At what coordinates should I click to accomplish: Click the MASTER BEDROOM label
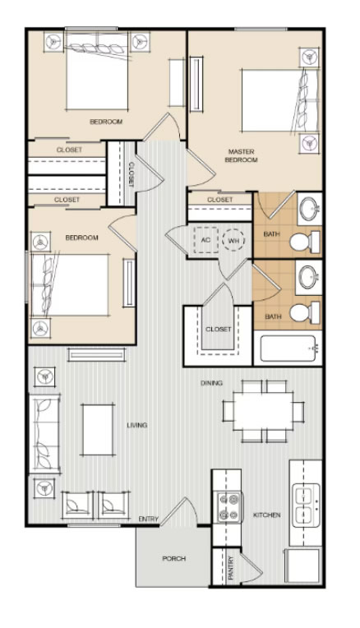(x=241, y=156)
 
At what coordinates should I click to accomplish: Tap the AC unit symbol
(x=205, y=240)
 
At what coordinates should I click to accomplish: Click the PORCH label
(x=174, y=558)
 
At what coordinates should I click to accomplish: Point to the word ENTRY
(x=149, y=519)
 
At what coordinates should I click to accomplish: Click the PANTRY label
(x=231, y=568)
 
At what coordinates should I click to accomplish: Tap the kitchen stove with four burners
(x=229, y=507)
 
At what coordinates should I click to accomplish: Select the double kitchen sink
(x=306, y=505)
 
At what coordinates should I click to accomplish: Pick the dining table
(x=263, y=411)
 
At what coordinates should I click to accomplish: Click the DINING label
(x=211, y=383)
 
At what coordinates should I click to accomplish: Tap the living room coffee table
(x=98, y=429)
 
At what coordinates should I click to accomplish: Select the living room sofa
(x=44, y=434)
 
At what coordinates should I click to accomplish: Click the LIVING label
(x=137, y=425)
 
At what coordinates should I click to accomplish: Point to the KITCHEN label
(x=266, y=515)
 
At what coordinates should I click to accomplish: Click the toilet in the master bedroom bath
(x=305, y=242)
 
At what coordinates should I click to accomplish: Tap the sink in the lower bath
(x=308, y=277)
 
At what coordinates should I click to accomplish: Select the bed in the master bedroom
(x=280, y=100)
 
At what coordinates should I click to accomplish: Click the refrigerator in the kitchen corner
(x=302, y=566)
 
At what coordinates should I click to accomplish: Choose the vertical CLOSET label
(x=131, y=174)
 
